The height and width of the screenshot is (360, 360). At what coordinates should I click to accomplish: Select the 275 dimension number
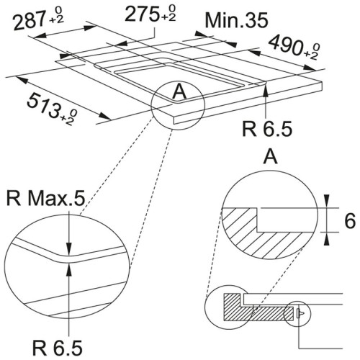click(142, 14)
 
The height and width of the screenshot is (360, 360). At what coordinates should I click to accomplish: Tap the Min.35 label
click(236, 20)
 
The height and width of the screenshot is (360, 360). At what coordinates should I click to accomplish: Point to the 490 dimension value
click(286, 45)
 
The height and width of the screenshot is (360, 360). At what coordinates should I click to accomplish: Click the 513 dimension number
click(44, 104)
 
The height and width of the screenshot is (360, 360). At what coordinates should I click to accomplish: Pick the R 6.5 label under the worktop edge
click(267, 129)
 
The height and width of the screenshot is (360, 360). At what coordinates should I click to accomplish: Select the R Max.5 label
click(46, 199)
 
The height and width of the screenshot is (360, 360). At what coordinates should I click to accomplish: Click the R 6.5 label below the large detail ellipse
click(58, 348)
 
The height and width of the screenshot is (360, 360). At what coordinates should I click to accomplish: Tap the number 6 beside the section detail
click(350, 221)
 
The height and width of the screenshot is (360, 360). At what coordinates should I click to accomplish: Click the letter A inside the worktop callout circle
click(179, 92)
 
